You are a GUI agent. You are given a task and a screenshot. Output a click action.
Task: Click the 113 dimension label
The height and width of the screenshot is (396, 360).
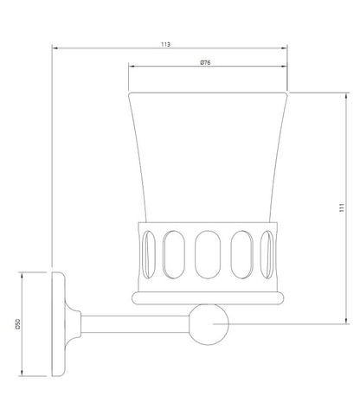pyautogui.click(x=165, y=44)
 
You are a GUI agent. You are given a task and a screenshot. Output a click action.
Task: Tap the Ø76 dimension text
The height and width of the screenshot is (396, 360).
pyautogui.click(x=205, y=62)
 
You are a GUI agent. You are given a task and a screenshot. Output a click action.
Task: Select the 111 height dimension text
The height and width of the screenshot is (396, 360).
pyautogui.click(x=342, y=208)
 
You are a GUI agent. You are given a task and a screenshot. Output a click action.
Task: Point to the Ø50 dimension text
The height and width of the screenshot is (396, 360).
pyautogui.click(x=17, y=324)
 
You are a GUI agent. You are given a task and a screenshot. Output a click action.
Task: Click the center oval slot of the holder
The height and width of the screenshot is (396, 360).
pyautogui.click(x=208, y=254)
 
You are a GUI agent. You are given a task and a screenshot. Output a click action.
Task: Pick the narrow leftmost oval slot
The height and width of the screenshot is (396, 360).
pyautogui.click(x=149, y=254)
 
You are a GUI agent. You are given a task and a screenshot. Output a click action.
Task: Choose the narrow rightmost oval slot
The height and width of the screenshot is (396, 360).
pyautogui.click(x=267, y=254)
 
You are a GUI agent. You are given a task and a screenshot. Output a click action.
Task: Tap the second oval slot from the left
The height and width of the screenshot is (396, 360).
pyautogui.click(x=174, y=254)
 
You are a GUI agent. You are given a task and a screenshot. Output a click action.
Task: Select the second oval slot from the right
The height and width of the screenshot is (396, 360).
pyautogui.click(x=242, y=254)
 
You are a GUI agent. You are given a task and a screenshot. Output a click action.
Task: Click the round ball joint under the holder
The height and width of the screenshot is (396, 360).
pyautogui.click(x=209, y=324)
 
